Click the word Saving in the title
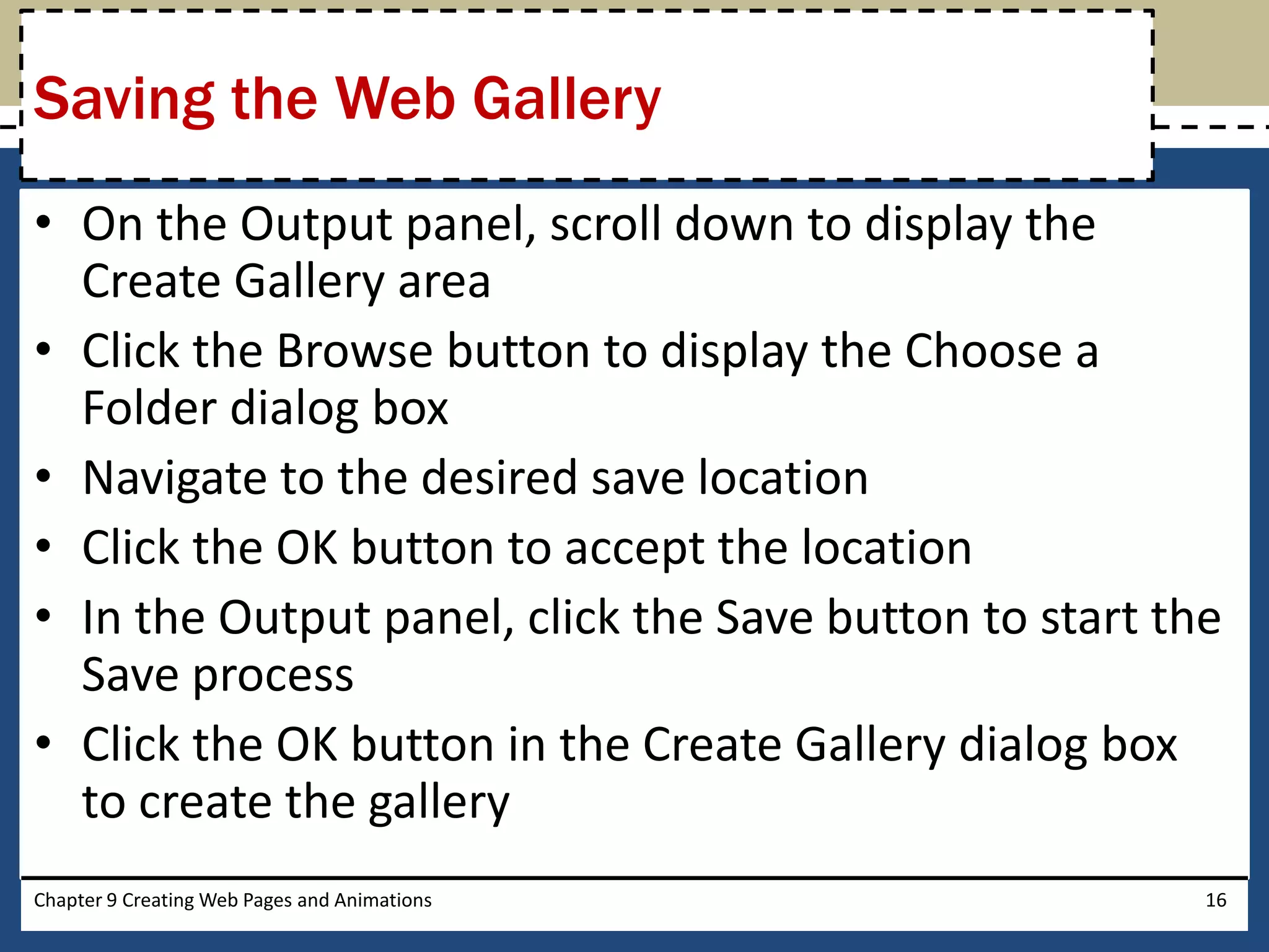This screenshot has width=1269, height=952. (124, 99)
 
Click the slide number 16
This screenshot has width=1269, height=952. (1216, 900)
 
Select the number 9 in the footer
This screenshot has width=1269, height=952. (112, 900)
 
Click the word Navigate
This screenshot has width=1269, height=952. (173, 478)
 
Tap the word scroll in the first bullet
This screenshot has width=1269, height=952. (605, 224)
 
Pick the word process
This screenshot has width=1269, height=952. (273, 676)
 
